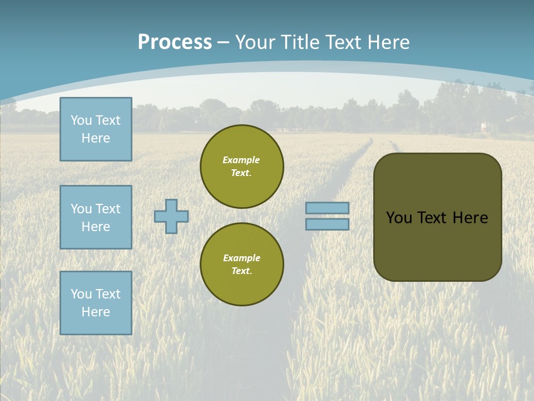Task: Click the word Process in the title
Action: (175, 42)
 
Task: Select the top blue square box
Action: (96, 129)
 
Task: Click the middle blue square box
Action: (96, 217)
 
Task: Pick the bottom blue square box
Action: (96, 303)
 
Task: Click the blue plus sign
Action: (171, 216)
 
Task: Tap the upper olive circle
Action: (242, 167)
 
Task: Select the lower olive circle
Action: (242, 265)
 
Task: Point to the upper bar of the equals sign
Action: (327, 208)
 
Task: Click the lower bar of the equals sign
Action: (327, 224)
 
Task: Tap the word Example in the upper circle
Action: (241, 160)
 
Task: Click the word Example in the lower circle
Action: (241, 258)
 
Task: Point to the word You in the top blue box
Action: (81, 120)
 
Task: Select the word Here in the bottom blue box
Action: (96, 312)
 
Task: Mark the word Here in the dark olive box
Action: (470, 218)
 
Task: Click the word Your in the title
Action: (255, 42)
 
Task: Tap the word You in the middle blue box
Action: (81, 209)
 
